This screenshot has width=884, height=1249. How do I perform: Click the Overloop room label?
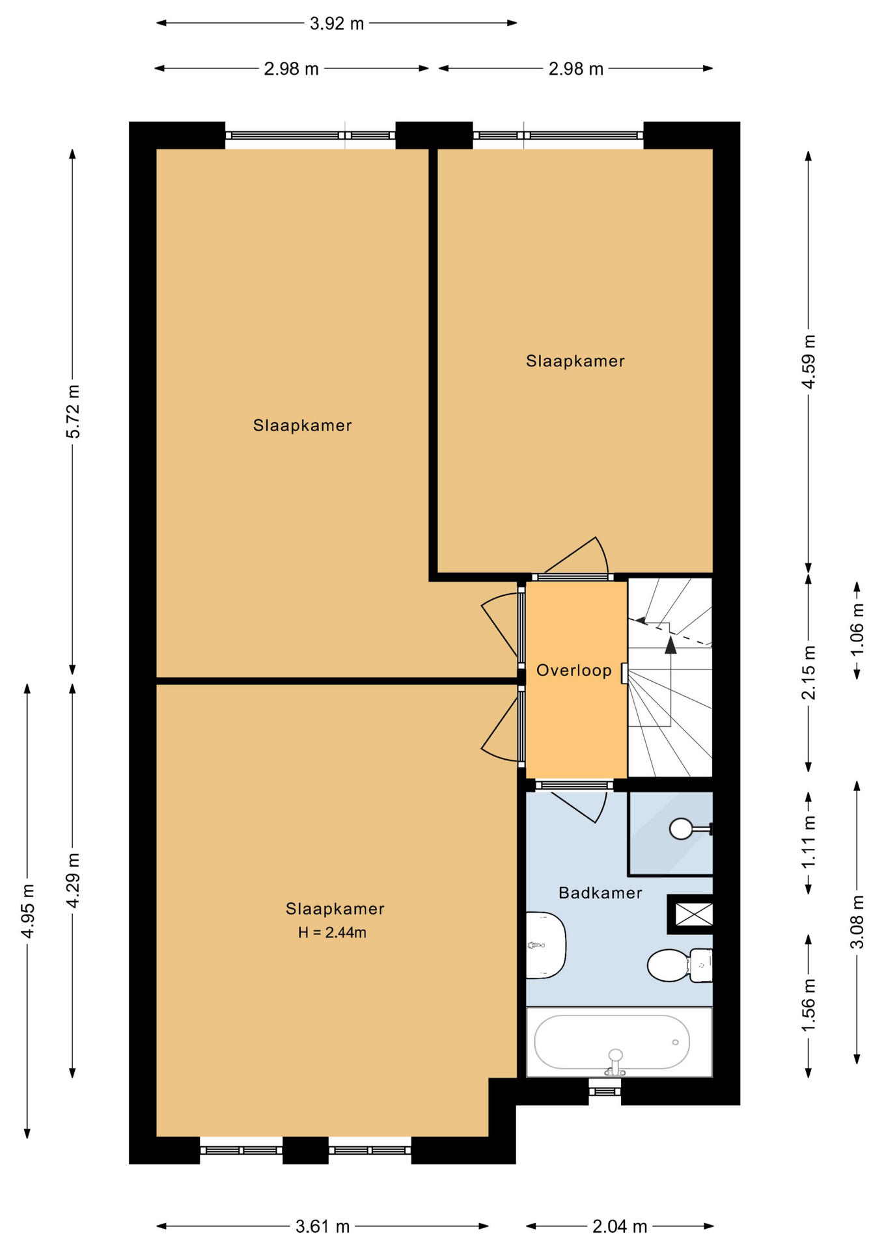click(x=573, y=671)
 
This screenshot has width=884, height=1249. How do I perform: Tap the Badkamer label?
click(x=600, y=893)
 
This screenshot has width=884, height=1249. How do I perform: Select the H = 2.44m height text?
click(x=332, y=933)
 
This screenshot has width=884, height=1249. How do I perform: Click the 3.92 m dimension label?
click(x=337, y=24)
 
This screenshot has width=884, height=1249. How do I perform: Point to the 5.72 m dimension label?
click(x=73, y=411)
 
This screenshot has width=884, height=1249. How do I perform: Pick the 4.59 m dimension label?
click(x=808, y=362)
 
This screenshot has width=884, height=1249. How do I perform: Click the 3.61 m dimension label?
click(x=323, y=1227)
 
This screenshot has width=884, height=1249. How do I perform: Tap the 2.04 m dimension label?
click(x=620, y=1227)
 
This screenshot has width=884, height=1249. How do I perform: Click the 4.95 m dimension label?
click(x=27, y=911)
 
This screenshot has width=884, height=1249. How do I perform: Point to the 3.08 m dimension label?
click(x=857, y=922)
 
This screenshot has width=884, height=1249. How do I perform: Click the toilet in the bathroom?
click(x=680, y=965)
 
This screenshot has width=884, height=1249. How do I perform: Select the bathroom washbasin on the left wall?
click(x=546, y=945)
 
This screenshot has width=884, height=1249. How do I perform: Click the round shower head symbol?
click(x=681, y=829)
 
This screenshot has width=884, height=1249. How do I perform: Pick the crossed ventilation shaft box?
click(x=694, y=914)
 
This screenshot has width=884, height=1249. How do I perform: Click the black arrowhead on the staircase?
click(x=670, y=645)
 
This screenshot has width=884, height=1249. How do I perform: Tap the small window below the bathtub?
click(x=605, y=1091)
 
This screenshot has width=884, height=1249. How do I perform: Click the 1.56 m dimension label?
click(x=808, y=1005)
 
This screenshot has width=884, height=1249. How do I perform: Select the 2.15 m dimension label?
click(x=808, y=673)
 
